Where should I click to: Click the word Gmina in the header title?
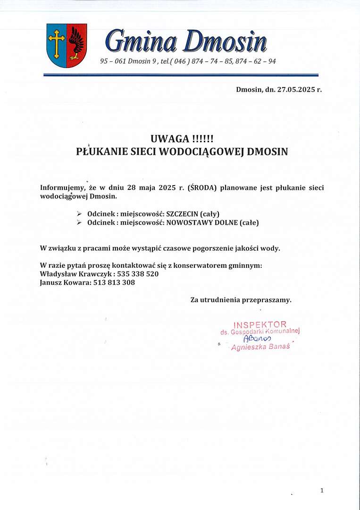coord(142,41)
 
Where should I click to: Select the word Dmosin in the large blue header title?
coord(225,41)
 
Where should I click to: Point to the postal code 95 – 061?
coord(113,61)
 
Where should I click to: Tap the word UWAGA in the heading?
coord(170,139)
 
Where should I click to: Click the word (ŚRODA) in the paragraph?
coord(202,187)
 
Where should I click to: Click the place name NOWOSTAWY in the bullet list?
coord(189,222)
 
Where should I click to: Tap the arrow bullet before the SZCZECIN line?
coord(79,214)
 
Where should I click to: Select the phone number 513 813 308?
coord(115,282)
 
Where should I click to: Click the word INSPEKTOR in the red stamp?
coord(260,324)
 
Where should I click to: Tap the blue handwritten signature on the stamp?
coord(257,339)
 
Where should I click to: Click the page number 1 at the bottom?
coord(322,491)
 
